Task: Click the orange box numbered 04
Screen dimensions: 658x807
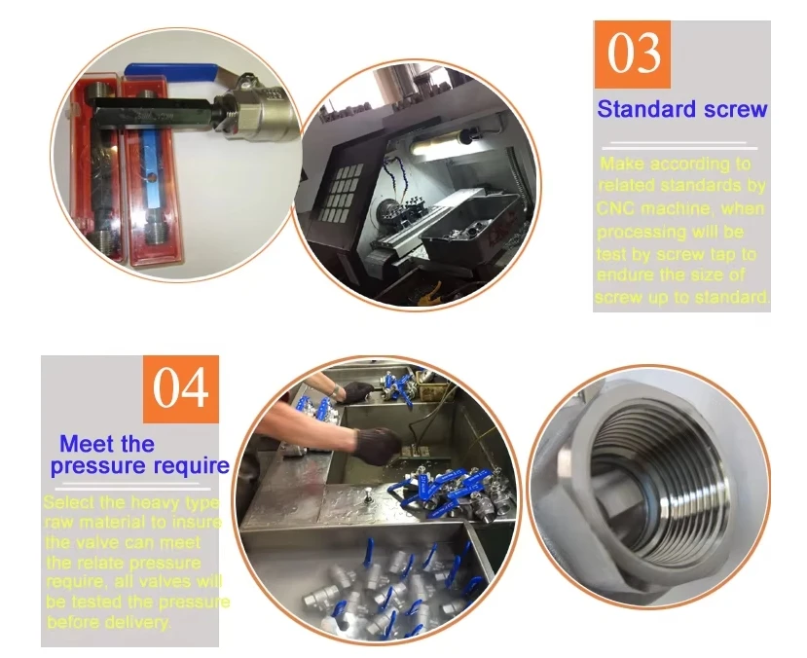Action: (181, 388)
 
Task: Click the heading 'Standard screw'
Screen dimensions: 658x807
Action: (681, 108)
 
